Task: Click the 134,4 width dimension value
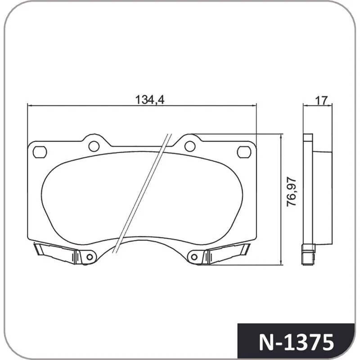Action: pos(150,100)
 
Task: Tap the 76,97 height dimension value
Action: pos(292,192)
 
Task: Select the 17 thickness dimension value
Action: pos(321,100)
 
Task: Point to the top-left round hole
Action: pos(94,146)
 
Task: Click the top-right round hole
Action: pos(190,146)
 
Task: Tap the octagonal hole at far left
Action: pos(40,152)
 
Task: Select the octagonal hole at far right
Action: pos(244,152)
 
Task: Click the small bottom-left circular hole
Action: pos(90,257)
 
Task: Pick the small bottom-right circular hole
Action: pos(194,257)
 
